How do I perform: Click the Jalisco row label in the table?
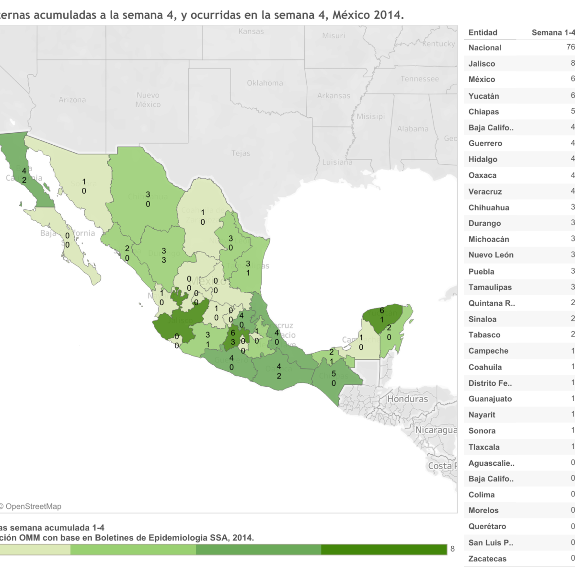click(x=482, y=64)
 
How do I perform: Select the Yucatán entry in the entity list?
click(x=483, y=96)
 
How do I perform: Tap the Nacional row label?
click(x=484, y=48)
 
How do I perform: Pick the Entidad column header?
click(x=483, y=33)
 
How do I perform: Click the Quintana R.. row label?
click(x=491, y=303)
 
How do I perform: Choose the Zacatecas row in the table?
click(x=487, y=559)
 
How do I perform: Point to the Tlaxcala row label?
click(x=483, y=447)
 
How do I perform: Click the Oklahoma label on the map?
click(x=264, y=83)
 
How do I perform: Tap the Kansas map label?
click(x=251, y=32)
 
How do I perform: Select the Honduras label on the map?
click(x=407, y=399)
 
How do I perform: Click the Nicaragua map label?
click(x=436, y=430)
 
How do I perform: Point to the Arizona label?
click(x=72, y=100)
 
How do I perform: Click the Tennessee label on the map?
click(x=419, y=79)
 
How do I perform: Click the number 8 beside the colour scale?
click(x=452, y=549)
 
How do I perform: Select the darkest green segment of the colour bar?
click(x=383, y=550)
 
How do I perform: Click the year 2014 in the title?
click(x=386, y=15)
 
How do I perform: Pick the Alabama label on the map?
click(x=413, y=129)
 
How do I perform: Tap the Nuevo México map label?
click(x=148, y=100)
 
